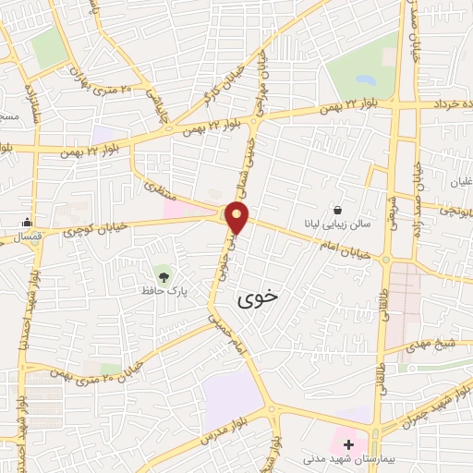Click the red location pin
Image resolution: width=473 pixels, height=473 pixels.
238,217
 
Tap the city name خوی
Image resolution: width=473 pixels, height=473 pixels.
256,298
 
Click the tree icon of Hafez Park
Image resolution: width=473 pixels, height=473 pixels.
163,275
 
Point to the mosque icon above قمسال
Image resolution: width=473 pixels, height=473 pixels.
27,222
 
